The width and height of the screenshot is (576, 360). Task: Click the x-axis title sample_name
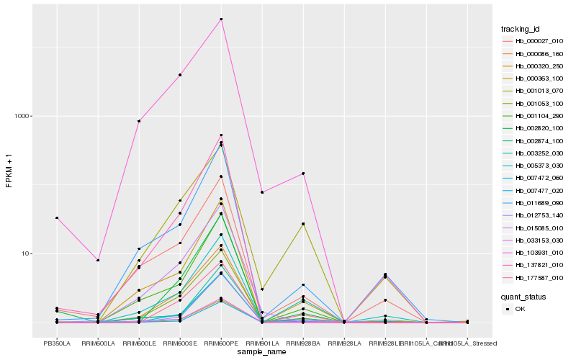click(x=262, y=352)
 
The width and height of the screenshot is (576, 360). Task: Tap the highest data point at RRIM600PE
click(x=221, y=19)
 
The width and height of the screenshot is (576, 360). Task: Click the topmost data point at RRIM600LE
click(x=138, y=121)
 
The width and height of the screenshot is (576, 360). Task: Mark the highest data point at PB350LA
click(x=56, y=218)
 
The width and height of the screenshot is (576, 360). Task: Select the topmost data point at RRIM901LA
click(x=262, y=192)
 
